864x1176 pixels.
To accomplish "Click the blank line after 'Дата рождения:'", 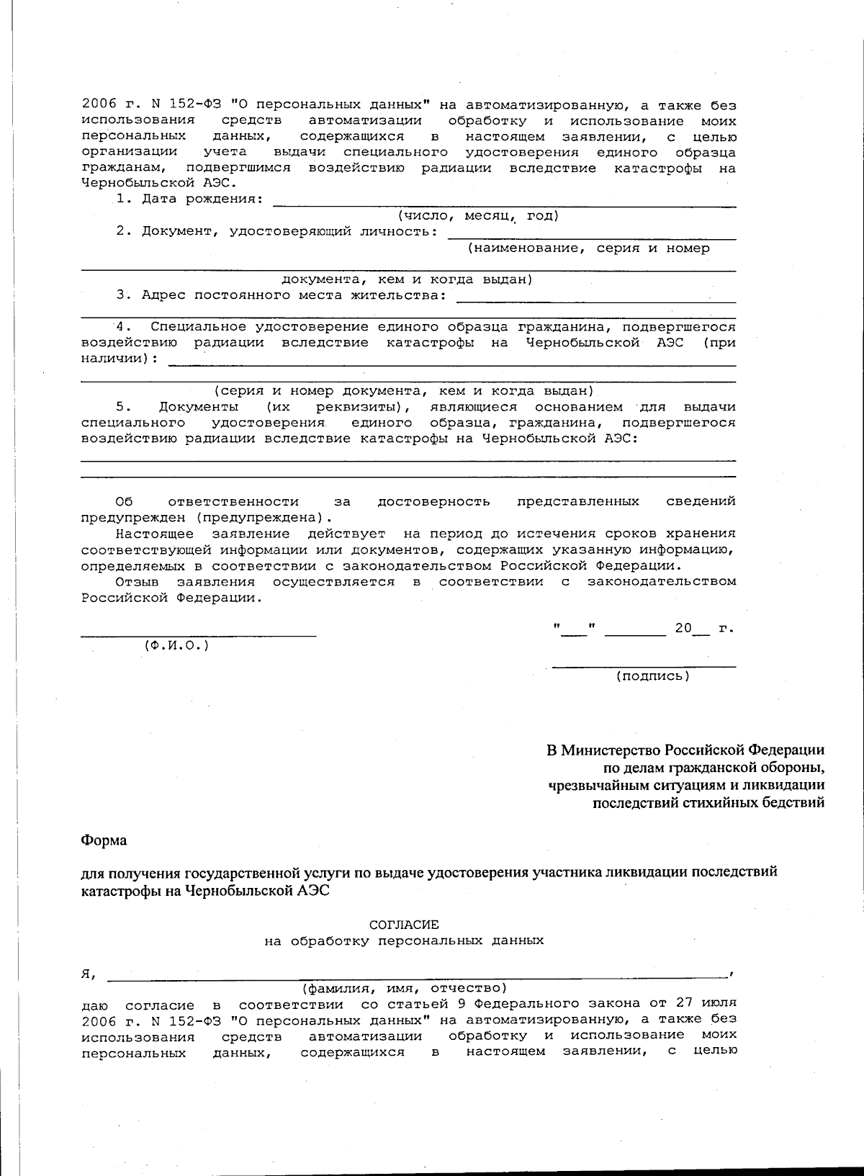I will pos(504,205).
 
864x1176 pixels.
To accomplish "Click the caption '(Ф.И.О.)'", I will pos(177,645).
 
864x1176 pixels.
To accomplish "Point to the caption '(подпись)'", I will pos(652,675).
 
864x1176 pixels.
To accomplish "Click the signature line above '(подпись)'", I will pos(644,666).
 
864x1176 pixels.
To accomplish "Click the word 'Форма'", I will pos(104,840).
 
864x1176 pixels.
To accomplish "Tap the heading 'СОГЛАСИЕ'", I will pos(403,924).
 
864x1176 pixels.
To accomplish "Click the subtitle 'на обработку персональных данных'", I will pos(403,940).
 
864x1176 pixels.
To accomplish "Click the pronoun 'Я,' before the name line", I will pos(89,974).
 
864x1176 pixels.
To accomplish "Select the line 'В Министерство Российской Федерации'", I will pos(685,750).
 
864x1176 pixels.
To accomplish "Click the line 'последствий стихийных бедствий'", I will pos(708,802).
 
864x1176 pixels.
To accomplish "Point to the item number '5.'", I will pos(124,407).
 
